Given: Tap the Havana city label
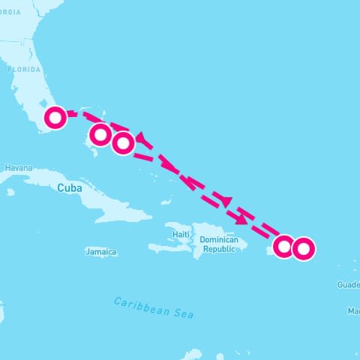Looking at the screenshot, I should click(18, 168).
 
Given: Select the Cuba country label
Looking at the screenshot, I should click(69, 187).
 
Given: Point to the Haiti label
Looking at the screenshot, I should click(181, 234).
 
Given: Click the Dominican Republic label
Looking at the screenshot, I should click(218, 244).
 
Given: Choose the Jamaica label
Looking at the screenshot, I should click(100, 252).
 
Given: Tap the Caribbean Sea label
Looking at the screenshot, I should click(154, 307).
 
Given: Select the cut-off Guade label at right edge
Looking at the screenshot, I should click(348, 285).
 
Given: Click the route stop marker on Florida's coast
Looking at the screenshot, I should click(55, 117).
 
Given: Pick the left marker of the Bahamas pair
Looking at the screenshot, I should click(100, 135).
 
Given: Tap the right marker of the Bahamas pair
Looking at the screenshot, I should click(123, 142).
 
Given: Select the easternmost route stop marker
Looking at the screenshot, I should click(303, 247).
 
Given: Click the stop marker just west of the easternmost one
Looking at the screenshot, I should click(283, 246).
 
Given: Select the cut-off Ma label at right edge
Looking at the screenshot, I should click(354, 310).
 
